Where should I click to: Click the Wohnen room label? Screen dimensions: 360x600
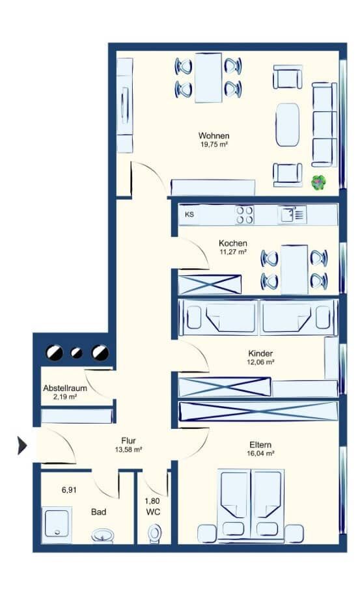pyautogui.click(x=214, y=136)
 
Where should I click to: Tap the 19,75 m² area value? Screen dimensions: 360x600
pyautogui.click(x=214, y=144)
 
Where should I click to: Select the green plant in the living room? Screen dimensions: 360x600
pyautogui.click(x=318, y=183)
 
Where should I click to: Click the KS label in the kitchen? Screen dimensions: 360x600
pyautogui.click(x=189, y=214)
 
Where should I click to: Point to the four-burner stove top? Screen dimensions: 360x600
pyautogui.click(x=244, y=215)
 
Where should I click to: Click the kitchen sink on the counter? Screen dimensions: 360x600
pyautogui.click(x=292, y=214)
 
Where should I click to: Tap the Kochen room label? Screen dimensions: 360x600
pyautogui.click(x=233, y=243)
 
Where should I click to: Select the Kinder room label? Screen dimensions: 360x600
pyautogui.click(x=260, y=353)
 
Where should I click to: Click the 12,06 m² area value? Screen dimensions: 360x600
pyautogui.click(x=260, y=362)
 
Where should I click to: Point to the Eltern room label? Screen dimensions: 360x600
pyautogui.click(x=260, y=444)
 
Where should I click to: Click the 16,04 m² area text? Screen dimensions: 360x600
pyautogui.click(x=260, y=454)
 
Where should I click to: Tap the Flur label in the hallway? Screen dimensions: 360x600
pyautogui.click(x=128, y=441)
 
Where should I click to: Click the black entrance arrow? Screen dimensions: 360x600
pyautogui.click(x=22, y=446)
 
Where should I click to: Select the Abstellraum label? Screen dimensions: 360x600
pyautogui.click(x=64, y=388)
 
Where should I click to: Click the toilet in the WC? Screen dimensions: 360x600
pyautogui.click(x=154, y=534)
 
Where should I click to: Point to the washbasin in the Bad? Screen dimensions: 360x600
pyautogui.click(x=102, y=535)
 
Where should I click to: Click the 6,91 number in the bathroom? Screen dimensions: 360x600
pyautogui.click(x=69, y=490)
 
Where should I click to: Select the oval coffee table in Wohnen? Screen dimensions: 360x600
pyautogui.click(x=287, y=125)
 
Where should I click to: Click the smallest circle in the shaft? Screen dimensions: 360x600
pyautogui.click(x=77, y=353)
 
